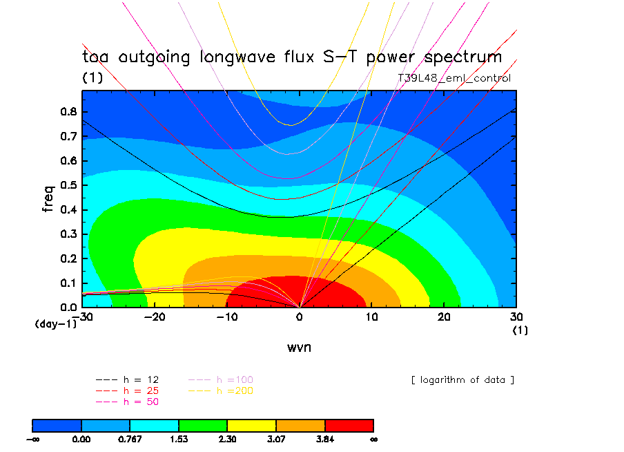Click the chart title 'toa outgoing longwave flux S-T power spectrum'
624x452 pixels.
[292, 57]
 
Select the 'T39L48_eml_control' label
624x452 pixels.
[454, 78]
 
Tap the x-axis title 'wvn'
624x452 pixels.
[299, 347]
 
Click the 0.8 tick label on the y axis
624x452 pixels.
[68, 112]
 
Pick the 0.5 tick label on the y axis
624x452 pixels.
[68, 185]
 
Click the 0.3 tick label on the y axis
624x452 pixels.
[68, 234]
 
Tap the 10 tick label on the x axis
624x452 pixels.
[371, 317]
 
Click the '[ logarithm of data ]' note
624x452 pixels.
[462, 380]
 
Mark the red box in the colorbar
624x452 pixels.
[349, 424]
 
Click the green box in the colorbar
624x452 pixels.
[203, 424]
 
